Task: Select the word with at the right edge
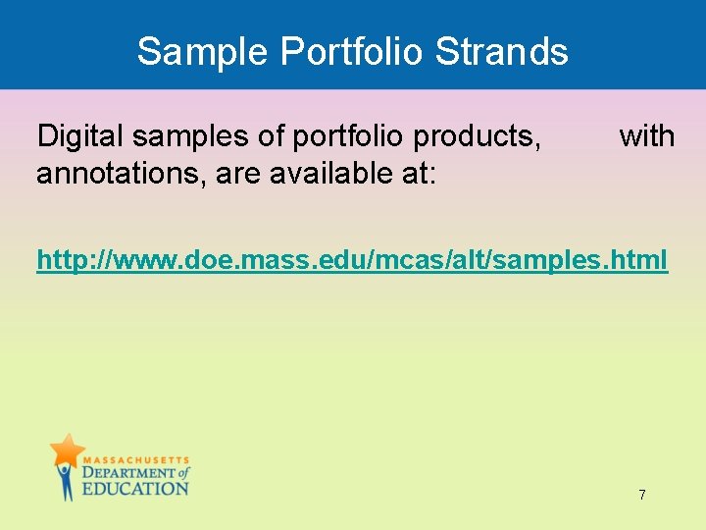[647, 136]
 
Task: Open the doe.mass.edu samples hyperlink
[352, 261]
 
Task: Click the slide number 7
[642, 495]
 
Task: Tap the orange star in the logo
[67, 450]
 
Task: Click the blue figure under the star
[66, 481]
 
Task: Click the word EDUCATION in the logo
[134, 489]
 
